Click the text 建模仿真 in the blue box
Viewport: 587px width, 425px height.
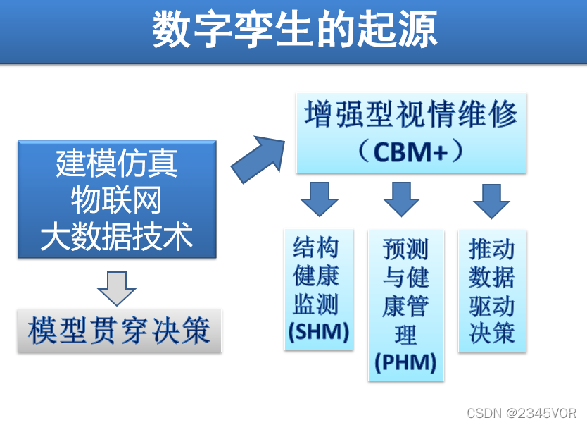117,164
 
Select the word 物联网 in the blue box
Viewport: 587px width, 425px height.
117,201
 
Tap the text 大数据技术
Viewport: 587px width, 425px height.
117,237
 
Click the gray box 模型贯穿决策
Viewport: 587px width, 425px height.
120,331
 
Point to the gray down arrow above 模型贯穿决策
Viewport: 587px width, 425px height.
117,288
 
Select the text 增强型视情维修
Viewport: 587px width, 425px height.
411,116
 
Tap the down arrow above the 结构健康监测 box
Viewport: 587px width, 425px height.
319,199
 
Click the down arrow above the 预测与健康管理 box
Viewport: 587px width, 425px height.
401,199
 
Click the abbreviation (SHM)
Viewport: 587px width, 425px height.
319,332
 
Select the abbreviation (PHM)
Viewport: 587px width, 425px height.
405,363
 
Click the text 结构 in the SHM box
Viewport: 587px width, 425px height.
316,247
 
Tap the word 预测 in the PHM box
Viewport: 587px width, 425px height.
405,249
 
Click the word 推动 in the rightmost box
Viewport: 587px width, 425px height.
491,249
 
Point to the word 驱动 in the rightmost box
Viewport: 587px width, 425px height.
491,305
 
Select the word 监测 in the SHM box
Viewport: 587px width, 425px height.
316,304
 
